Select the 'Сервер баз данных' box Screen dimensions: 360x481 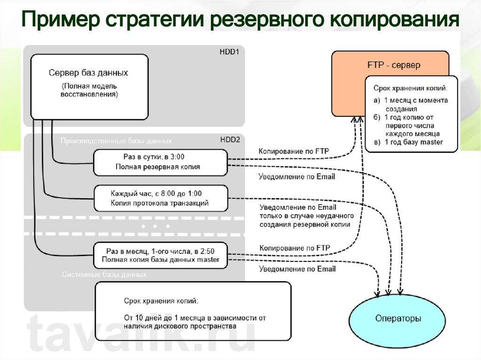89,86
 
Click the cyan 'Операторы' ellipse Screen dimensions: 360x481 397,319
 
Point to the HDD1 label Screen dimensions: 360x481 230,52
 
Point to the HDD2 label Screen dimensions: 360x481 230,140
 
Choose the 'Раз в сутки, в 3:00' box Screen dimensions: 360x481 160,162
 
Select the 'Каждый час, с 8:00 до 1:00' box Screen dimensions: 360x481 160,198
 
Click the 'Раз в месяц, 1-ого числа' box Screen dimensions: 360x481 160,255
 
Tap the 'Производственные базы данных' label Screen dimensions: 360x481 116,141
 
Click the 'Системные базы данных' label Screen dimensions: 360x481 104,274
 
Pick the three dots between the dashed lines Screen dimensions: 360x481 155,226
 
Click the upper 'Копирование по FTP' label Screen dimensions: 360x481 294,151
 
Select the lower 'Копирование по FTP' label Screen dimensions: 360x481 294,248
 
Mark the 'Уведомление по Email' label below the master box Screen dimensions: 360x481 297,269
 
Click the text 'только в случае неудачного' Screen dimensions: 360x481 306,216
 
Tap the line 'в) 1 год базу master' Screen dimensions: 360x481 408,142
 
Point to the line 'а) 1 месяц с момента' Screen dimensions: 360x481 411,100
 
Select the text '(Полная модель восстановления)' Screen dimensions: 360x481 89,91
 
